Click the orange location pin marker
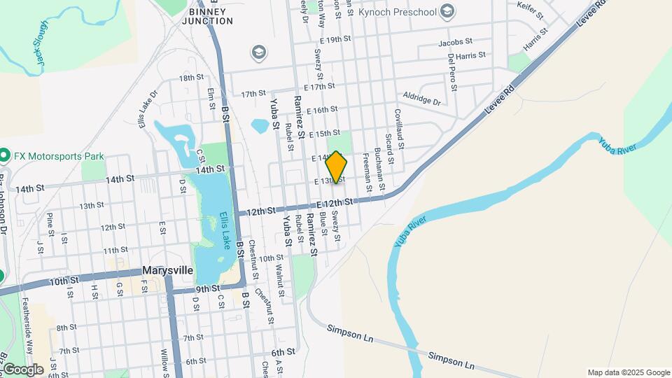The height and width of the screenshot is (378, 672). click(x=337, y=167)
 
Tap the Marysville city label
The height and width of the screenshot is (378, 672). click(x=167, y=270)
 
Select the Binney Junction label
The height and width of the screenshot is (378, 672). click(x=208, y=16)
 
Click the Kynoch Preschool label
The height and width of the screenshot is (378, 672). click(x=397, y=12)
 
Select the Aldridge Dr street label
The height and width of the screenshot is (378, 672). click(x=422, y=99)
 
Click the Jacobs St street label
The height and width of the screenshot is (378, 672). click(x=456, y=43)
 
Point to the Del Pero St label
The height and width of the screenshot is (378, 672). click(x=452, y=73)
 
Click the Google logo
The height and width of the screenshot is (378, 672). click(x=23, y=369)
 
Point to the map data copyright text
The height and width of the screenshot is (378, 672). click(x=627, y=372)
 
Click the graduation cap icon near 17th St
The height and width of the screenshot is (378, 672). click(x=258, y=52)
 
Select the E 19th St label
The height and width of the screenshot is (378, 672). click(x=332, y=39)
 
